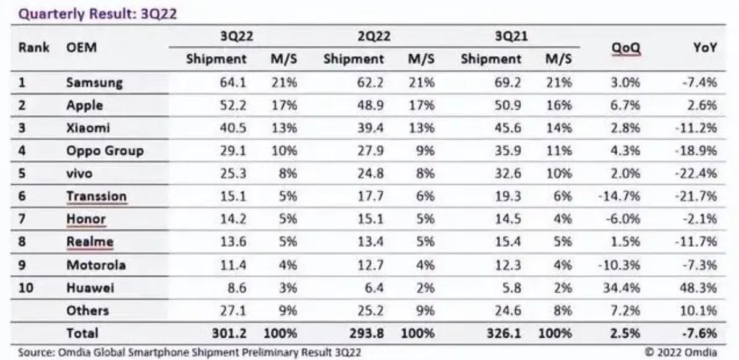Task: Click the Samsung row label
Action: (x=94, y=82)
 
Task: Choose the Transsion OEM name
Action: (x=96, y=197)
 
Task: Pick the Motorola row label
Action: (x=96, y=265)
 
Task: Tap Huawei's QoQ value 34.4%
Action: (x=622, y=288)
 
